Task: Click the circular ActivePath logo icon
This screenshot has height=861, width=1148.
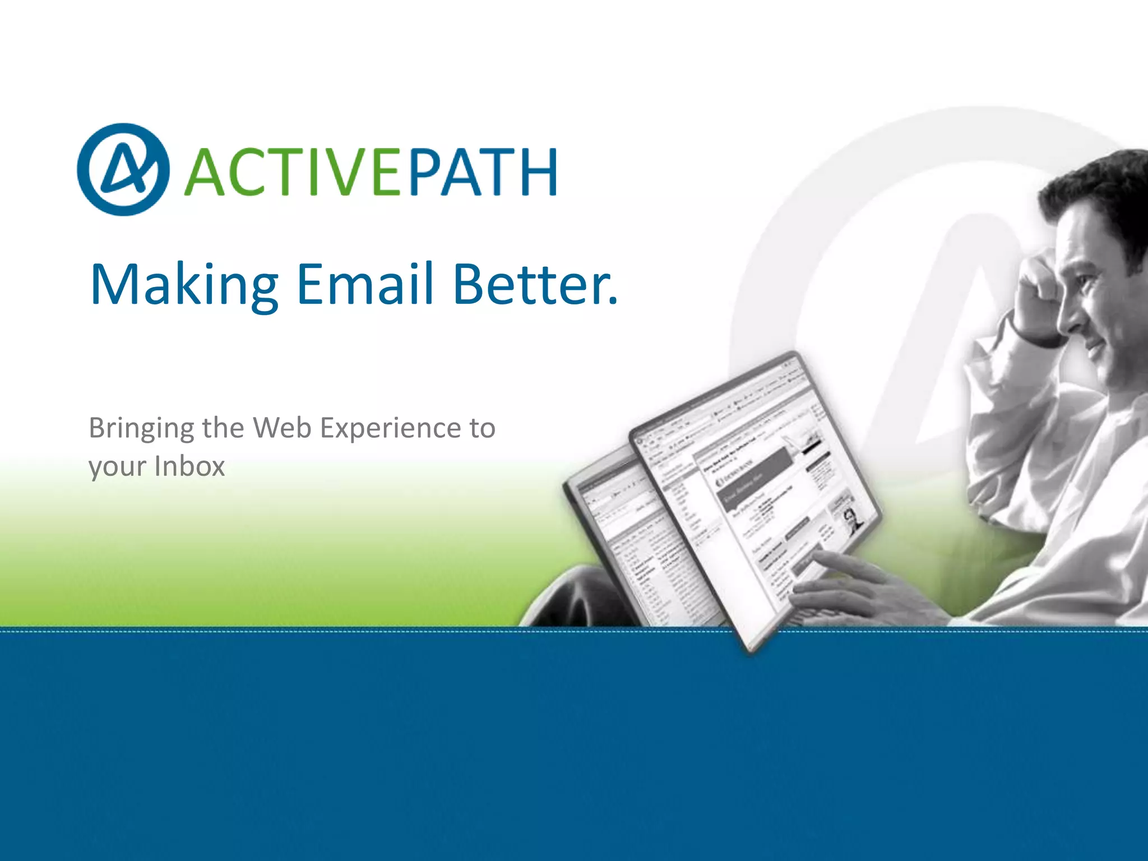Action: point(123,169)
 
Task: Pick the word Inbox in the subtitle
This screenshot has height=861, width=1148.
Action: point(189,466)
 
